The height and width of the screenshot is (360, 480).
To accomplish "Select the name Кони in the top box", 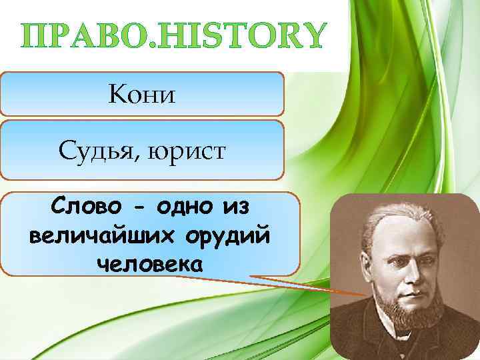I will pyautogui.click(x=141, y=95).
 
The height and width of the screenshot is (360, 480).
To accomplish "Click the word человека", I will pyautogui.click(x=148, y=264).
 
